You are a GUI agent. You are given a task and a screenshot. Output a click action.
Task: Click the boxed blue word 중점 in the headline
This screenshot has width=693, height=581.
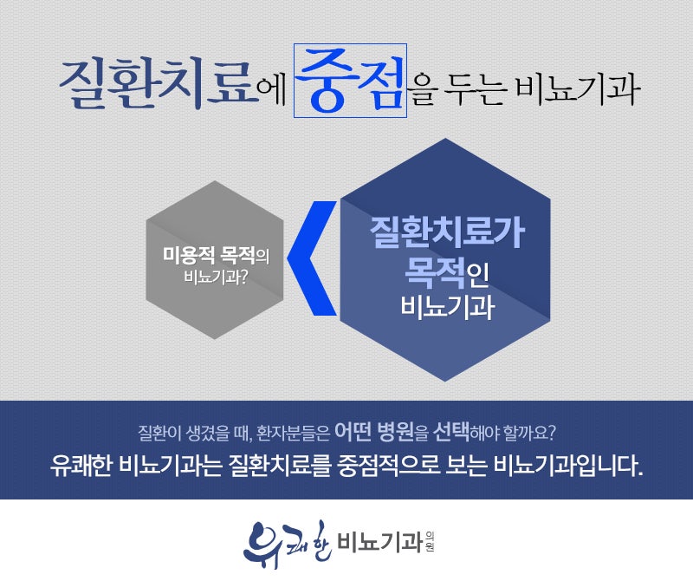point(350,81)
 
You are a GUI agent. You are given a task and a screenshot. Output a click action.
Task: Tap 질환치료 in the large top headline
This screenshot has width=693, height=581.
point(159,84)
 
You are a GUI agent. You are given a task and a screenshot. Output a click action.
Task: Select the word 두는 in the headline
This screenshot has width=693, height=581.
point(475,88)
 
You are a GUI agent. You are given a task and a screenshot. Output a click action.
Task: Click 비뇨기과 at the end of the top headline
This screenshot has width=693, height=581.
point(577,88)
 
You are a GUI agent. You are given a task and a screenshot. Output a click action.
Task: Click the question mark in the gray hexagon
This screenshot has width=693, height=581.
point(243,277)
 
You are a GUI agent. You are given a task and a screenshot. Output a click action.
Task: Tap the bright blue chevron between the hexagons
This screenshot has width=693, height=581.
point(312,258)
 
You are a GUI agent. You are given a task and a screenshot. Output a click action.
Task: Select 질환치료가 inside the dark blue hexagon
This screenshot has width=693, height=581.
point(447,232)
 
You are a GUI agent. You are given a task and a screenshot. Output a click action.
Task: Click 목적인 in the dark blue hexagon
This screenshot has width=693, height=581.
point(447,273)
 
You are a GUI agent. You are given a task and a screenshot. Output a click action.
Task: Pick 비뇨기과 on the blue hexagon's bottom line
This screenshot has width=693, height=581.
point(447,307)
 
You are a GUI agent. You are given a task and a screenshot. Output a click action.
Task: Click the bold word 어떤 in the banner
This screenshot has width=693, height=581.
point(353,431)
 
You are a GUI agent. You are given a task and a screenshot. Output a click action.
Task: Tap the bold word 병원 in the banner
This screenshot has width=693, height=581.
point(395,431)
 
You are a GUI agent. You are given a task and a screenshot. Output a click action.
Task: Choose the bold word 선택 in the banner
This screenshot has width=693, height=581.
point(450,431)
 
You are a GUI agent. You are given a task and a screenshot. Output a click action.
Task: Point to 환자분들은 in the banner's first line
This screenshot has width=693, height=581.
point(293,433)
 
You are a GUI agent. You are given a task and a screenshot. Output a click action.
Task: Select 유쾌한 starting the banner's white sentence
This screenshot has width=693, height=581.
point(81,466)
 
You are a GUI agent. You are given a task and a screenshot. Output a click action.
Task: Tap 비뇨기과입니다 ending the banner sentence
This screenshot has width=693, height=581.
point(567,466)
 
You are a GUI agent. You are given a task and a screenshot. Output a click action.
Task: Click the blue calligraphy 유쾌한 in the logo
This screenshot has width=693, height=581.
point(287,544)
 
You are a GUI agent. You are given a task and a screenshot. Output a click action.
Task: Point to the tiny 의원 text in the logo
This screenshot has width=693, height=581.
point(429,542)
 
